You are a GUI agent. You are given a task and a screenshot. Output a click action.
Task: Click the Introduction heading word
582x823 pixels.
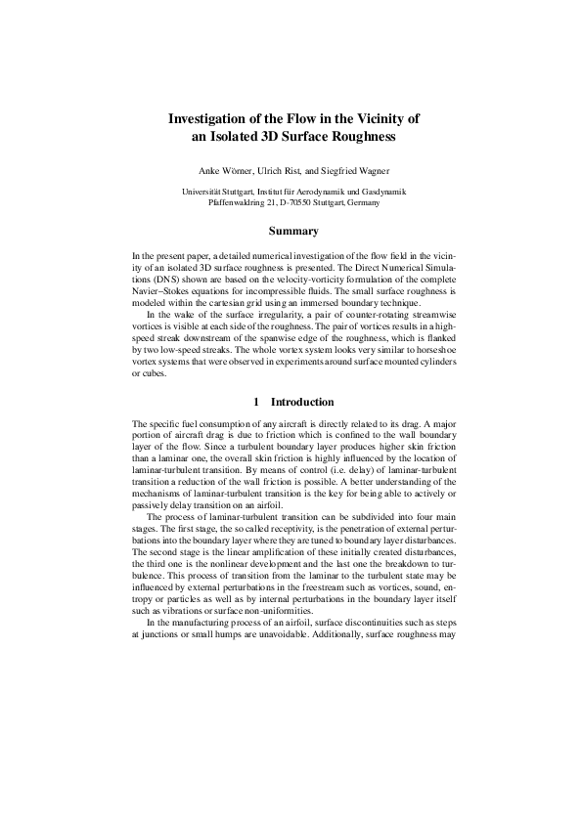pyautogui.click(x=302, y=402)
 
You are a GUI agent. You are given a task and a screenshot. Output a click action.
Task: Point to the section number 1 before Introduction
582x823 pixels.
pyautogui.click(x=255, y=402)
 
